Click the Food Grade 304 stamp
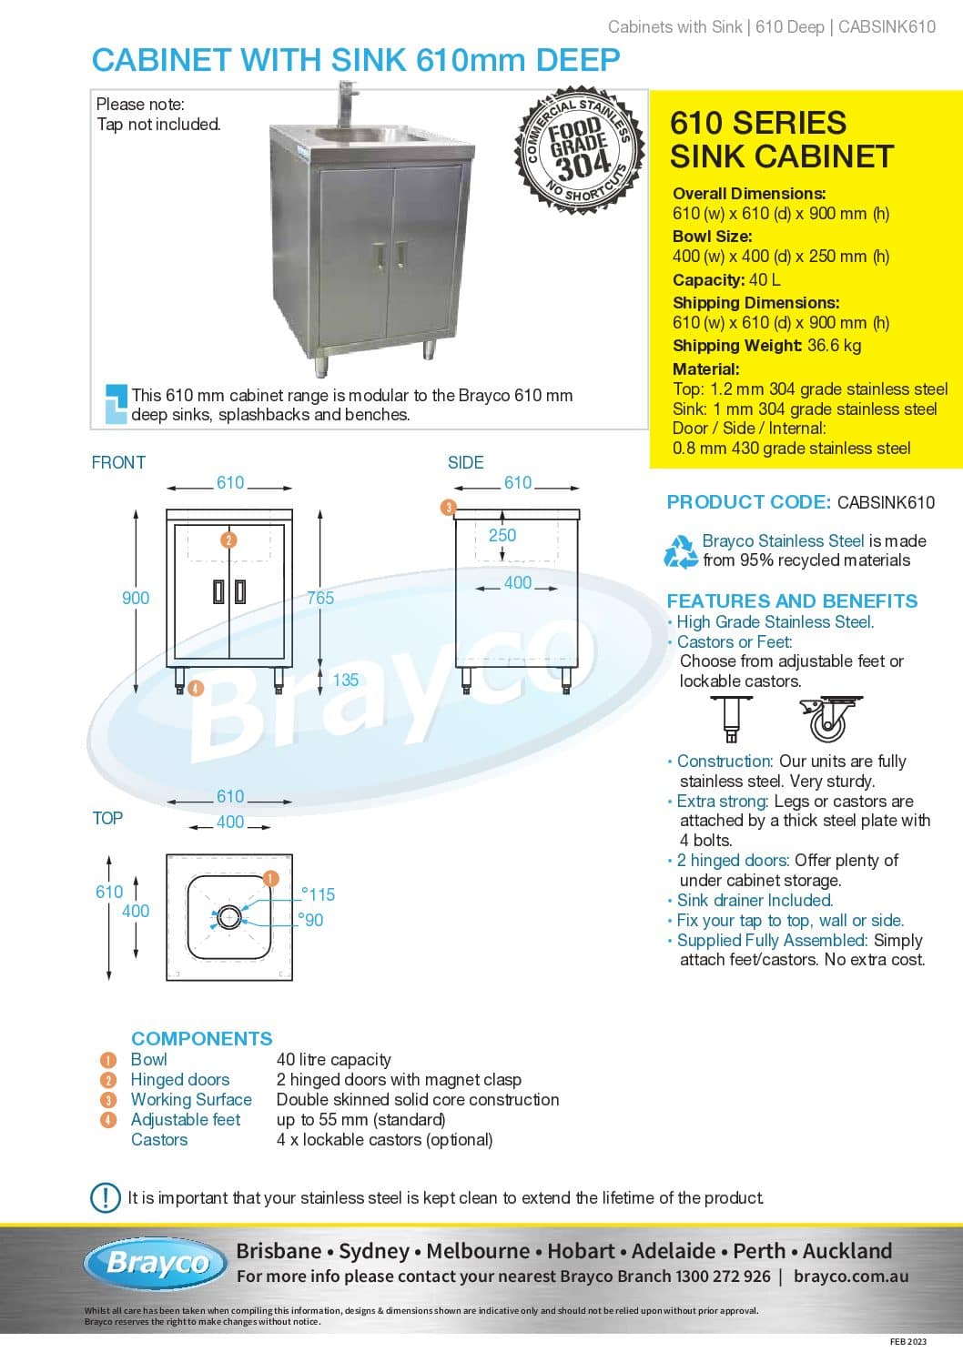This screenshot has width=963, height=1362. pyautogui.click(x=579, y=150)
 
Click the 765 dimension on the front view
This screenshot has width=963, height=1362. pyautogui.click(x=320, y=598)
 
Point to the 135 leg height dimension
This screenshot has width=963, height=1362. pyautogui.click(x=346, y=680)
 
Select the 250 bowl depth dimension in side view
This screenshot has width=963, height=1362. pyautogui.click(x=502, y=535)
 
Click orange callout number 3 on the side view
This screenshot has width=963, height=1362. pyautogui.click(x=449, y=507)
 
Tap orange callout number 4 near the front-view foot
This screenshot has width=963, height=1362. pyautogui.click(x=196, y=689)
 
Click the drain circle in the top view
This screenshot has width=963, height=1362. pyautogui.click(x=228, y=917)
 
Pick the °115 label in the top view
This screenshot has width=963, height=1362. pyautogui.click(x=319, y=894)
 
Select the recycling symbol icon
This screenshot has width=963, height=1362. pyautogui.click(x=681, y=551)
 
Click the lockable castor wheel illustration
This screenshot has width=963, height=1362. pyautogui.click(x=830, y=720)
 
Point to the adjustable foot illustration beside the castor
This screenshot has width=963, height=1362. pyautogui.click(x=731, y=720)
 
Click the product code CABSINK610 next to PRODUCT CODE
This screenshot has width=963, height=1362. pyautogui.click(x=886, y=502)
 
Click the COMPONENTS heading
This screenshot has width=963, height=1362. pyautogui.click(x=202, y=1038)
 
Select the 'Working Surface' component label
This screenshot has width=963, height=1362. pyautogui.click(x=191, y=1099)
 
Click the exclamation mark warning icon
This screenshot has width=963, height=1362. pyautogui.click(x=106, y=1197)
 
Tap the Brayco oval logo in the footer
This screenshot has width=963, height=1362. pyautogui.click(x=156, y=1264)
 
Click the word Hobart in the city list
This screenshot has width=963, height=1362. pyautogui.click(x=581, y=1251)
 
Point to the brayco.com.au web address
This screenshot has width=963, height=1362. pyautogui.click(x=851, y=1276)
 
